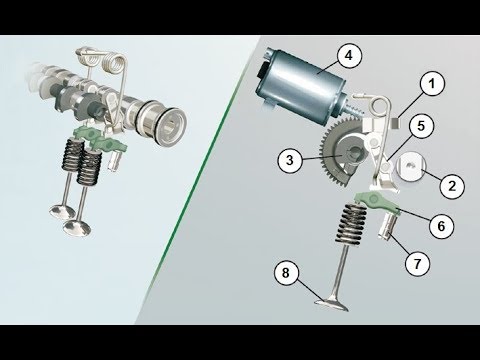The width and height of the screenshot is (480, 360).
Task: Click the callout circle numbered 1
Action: coord(432,83)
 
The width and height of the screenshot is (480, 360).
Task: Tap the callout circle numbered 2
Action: coord(452,185)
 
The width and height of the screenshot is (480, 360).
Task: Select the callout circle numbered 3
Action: coord(290,160)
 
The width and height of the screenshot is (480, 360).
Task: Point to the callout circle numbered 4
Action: coord(348,55)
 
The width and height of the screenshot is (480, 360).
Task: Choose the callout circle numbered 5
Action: coord(421,126)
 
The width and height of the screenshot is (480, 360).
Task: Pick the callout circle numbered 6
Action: coord(441,226)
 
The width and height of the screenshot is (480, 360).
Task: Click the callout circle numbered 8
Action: coord(286,273)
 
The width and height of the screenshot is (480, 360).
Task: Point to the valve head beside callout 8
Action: coord(332,304)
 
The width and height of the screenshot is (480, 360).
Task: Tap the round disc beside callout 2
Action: coord(412,166)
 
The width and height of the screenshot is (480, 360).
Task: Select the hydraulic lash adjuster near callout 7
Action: coord(388,226)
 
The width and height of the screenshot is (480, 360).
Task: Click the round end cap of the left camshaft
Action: coord(169,124)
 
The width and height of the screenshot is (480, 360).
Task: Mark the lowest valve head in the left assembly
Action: coord(77,228)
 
